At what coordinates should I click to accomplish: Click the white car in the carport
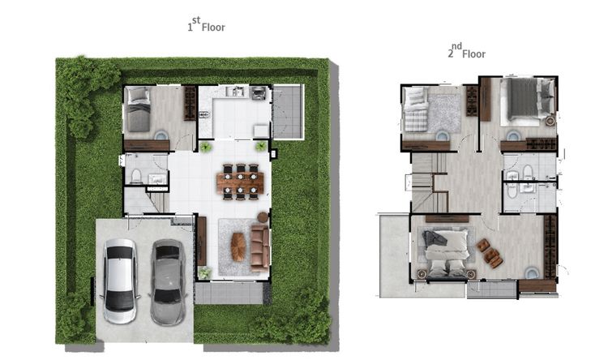pyautogui.click(x=120, y=281)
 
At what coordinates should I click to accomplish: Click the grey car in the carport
pyautogui.click(x=168, y=282)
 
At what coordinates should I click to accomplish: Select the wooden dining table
pyautogui.click(x=241, y=182)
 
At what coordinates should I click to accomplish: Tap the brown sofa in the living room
pyautogui.click(x=259, y=248)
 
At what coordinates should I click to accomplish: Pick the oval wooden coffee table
pyautogui.click(x=238, y=246)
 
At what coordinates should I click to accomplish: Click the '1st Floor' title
pyautogui.click(x=206, y=24)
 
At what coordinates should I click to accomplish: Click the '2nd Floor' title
pyautogui.click(x=466, y=51)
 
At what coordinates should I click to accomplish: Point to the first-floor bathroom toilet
pyautogui.click(x=136, y=176)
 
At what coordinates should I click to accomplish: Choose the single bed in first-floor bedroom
pyautogui.click(x=139, y=109)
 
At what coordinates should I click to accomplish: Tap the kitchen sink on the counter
pyautogui.click(x=235, y=91)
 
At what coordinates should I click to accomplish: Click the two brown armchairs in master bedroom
pyautogui.click(x=490, y=253)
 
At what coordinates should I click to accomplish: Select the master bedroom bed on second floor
pyautogui.click(x=446, y=253)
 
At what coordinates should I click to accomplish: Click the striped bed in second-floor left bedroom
pyautogui.click(x=417, y=109)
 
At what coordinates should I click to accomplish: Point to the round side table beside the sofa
pyautogui.click(x=263, y=217)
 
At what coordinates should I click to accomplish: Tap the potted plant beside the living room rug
pyautogui.click(x=204, y=272)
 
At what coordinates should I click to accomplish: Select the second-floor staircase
pyautogui.click(x=429, y=182)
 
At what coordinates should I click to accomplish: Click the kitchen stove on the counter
pyautogui.click(x=259, y=93)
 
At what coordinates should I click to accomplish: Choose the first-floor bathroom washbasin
pyautogui.click(x=157, y=178)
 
